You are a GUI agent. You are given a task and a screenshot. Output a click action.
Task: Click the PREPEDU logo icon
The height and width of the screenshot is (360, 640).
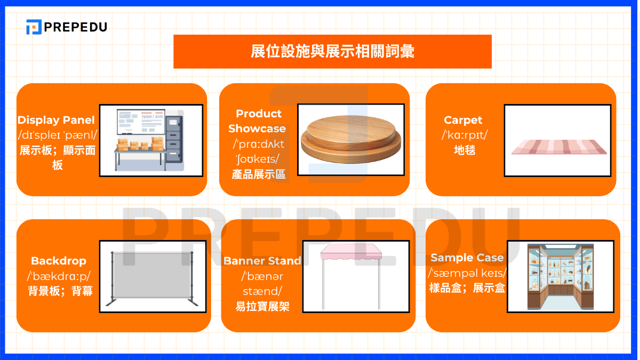click(34, 27)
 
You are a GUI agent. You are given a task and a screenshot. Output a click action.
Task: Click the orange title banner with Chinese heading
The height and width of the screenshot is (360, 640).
click(332, 51)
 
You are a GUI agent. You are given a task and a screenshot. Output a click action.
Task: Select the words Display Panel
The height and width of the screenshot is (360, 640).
click(56, 120)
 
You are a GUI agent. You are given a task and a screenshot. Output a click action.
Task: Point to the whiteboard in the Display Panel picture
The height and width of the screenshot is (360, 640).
click(141, 122)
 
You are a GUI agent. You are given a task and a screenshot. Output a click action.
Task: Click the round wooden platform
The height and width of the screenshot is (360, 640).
click(351, 139)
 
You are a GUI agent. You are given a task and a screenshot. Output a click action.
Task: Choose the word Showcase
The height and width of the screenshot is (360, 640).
click(257, 129)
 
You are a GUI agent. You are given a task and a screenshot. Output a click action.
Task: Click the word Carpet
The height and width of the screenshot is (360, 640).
click(463, 121)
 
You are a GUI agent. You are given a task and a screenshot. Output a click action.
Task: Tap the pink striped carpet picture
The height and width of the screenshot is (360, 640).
click(559, 147)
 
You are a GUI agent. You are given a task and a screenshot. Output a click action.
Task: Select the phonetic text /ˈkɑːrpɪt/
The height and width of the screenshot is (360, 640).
click(465, 135)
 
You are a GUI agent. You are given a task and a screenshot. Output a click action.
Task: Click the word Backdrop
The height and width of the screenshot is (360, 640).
click(59, 261)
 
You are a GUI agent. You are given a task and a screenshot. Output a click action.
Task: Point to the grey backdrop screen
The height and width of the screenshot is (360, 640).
click(152, 275)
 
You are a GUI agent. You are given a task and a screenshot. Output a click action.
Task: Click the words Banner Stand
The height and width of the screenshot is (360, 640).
click(262, 261)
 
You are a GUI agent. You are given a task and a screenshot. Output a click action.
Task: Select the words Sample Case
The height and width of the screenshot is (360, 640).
click(467, 258)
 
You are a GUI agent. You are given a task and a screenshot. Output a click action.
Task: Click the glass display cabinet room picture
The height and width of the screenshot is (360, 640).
click(561, 277)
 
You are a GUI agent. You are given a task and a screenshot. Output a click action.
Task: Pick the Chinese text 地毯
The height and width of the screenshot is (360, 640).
click(465, 150)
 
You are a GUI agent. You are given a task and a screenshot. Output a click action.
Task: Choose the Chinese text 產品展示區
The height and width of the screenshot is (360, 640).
click(259, 174)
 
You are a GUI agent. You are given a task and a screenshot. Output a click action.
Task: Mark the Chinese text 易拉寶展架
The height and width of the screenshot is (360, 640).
click(262, 307)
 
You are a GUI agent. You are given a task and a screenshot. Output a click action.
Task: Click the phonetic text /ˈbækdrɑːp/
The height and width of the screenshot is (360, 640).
click(59, 276)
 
